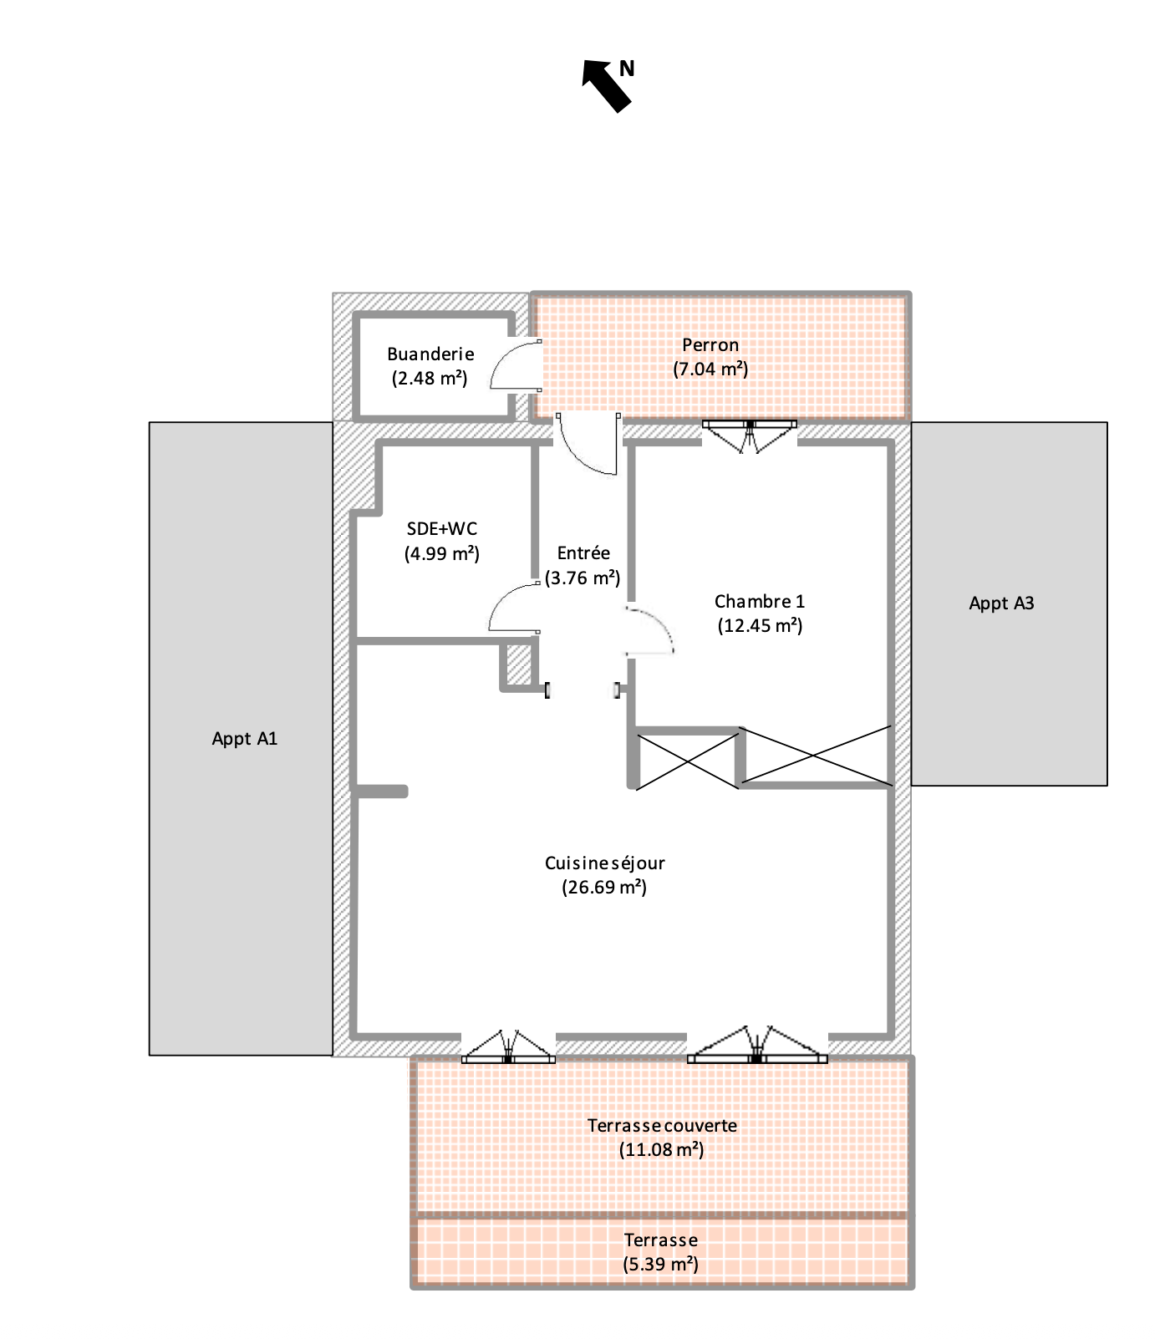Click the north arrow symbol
click(607, 85)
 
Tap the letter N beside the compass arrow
click(627, 69)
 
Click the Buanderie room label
click(430, 354)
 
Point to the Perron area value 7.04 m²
click(710, 369)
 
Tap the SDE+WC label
click(441, 528)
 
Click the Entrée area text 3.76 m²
click(583, 578)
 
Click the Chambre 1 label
click(760, 601)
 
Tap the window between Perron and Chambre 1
click(749, 435)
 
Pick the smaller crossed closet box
click(687, 760)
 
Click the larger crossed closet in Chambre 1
click(817, 756)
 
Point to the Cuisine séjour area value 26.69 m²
click(604, 887)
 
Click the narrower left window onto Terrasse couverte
click(508, 1046)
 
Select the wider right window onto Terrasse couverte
click(757, 1045)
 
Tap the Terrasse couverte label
click(662, 1125)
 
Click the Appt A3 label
click(1001, 603)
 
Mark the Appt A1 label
click(244, 739)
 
